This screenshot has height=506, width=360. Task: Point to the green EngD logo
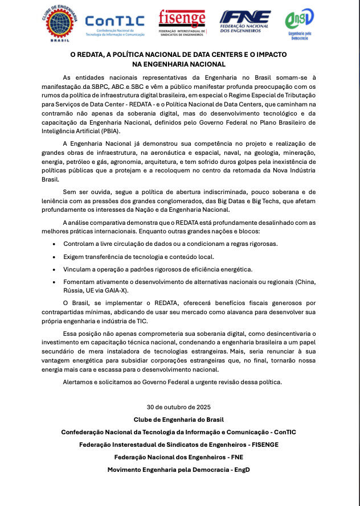[299, 23]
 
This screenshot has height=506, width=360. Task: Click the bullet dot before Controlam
[54, 244]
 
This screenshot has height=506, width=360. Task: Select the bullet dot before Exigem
[54, 256]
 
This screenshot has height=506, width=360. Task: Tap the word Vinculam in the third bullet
[80, 269]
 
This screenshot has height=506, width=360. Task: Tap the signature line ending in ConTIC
[179, 432]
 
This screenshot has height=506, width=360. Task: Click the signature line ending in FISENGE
[179, 445]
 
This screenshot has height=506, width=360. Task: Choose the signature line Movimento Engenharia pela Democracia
[179, 470]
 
